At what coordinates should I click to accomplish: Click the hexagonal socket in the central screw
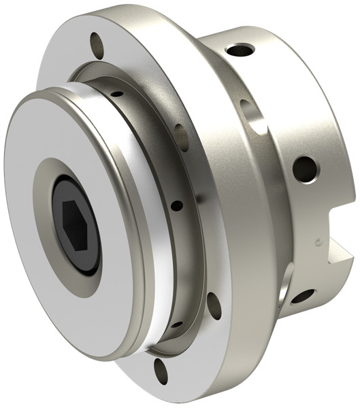[x=74, y=224]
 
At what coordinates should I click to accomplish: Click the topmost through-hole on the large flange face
[x=97, y=46]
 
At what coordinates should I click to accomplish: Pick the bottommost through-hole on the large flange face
[x=161, y=369]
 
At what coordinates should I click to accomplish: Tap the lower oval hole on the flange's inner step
[x=213, y=305]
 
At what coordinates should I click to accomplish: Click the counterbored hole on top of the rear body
[x=240, y=49]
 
